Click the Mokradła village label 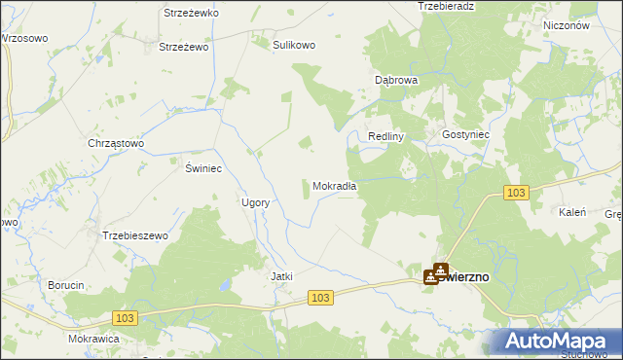click(336, 186)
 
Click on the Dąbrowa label click(396, 80)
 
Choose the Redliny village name click(385, 136)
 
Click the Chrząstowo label click(116, 143)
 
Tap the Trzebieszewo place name click(135, 235)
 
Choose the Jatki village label click(281, 276)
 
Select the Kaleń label click(571, 212)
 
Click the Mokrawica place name click(93, 339)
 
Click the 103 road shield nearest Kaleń click(517, 194)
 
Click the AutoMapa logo click(558, 341)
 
